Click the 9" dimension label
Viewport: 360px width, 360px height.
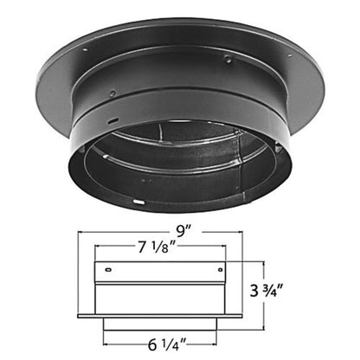tap(184, 231)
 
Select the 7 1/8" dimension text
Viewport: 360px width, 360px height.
tap(157, 247)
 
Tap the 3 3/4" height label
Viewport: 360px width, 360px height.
tap(265, 290)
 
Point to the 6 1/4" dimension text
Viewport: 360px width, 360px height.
tap(167, 344)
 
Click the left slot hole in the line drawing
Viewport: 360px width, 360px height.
tap(108, 270)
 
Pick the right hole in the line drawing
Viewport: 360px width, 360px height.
tap(221, 270)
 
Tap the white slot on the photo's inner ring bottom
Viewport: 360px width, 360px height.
tap(138, 202)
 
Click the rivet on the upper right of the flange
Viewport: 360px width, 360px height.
tap(228, 60)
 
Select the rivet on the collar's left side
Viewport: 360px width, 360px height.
tap(112, 93)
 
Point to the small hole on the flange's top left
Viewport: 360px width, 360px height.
tap(85, 50)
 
